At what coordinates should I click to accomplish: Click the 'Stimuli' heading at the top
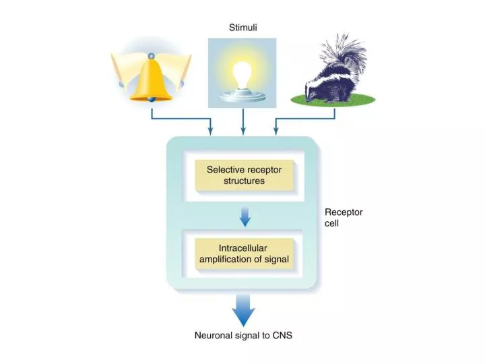pos(243,28)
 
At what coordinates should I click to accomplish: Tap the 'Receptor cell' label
pos(344,217)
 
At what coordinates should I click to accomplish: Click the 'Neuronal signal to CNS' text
pos(243,335)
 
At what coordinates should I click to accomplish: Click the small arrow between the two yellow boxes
pos(245,216)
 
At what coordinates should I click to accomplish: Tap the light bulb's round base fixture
pos(243,95)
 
